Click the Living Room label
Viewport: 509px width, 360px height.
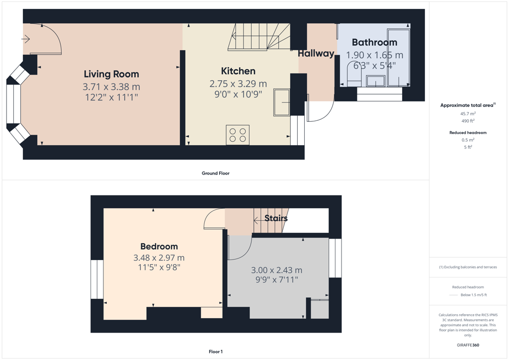click(111, 75)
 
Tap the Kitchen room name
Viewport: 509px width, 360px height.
click(238, 71)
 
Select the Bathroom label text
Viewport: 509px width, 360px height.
click(375, 42)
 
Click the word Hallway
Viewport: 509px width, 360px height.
click(316, 54)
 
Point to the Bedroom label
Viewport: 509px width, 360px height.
click(159, 247)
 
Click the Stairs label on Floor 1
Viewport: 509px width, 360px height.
click(276, 218)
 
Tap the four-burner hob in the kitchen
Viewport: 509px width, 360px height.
click(238, 135)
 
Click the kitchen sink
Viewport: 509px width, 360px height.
click(281, 102)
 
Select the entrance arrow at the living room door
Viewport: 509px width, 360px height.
click(26, 39)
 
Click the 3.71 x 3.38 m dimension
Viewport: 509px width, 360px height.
click(111, 87)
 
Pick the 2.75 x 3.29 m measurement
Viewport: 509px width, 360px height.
click(238, 84)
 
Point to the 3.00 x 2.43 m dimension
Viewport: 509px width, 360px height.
click(276, 270)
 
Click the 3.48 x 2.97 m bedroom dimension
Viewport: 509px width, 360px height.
click(159, 258)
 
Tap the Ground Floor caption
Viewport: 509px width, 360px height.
click(216, 174)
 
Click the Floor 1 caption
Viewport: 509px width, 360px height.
click(216, 352)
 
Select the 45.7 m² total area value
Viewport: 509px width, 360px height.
click(468, 113)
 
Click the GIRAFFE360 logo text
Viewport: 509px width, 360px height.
click(468, 345)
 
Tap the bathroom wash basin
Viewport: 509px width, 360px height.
click(376, 81)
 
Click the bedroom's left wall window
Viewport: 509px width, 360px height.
click(97, 279)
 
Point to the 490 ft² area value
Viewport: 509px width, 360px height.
click(468, 121)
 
